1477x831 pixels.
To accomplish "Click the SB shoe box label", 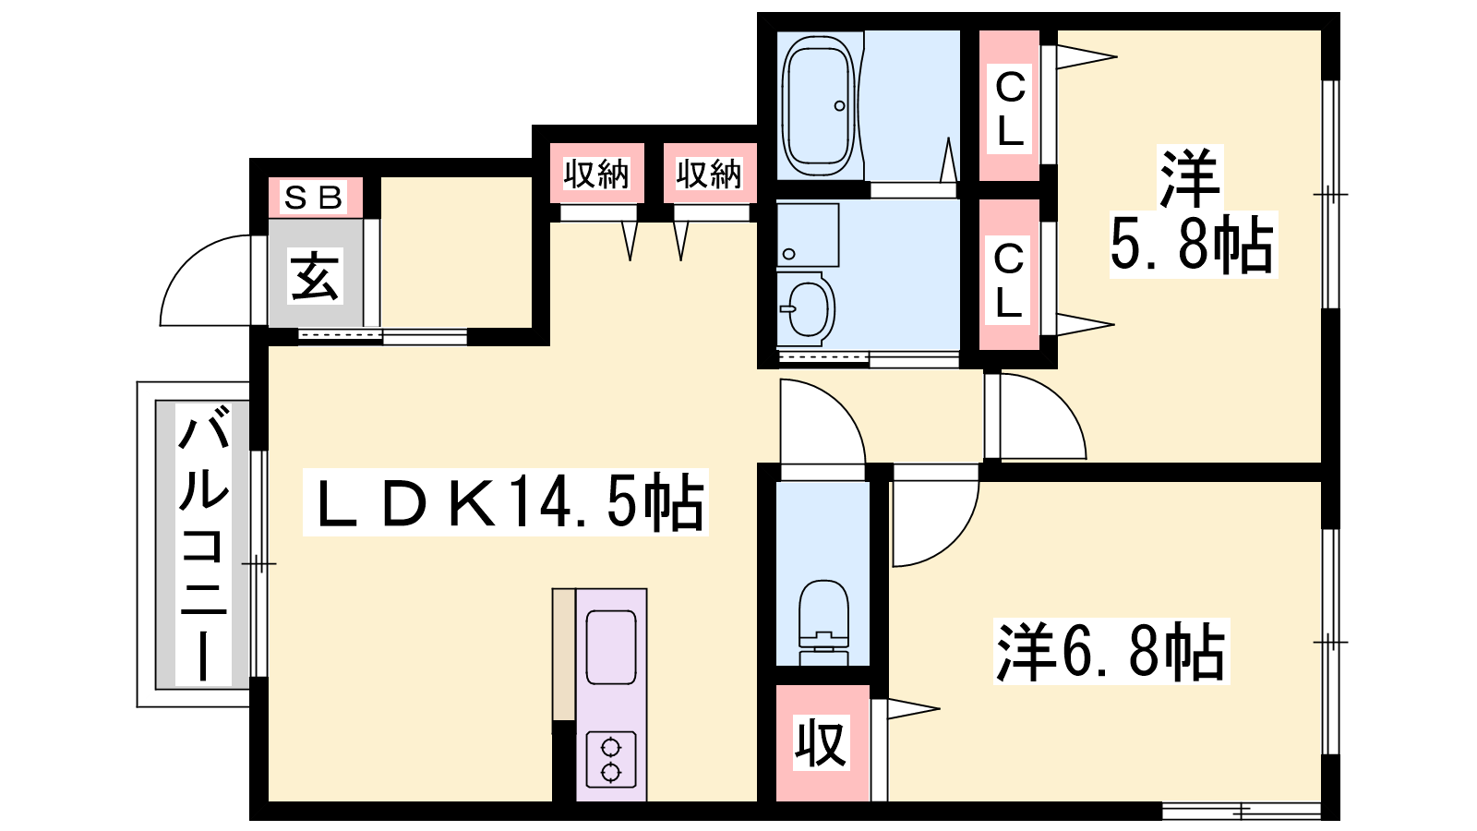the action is (314, 198).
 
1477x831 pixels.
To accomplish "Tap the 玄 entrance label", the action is (315, 276).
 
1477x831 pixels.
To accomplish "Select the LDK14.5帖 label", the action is (506, 502).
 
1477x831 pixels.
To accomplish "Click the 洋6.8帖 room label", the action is (1111, 650).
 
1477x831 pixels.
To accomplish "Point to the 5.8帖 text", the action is (1193, 245).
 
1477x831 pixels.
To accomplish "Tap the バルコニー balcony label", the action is (203, 545).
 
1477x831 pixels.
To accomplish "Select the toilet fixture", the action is (823, 622).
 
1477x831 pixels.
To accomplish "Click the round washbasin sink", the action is (805, 308).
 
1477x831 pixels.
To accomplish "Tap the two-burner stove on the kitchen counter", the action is (611, 759).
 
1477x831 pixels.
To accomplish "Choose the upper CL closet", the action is (1010, 105).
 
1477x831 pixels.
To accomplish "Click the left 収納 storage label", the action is (596, 174).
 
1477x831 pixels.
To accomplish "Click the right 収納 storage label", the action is (710, 174).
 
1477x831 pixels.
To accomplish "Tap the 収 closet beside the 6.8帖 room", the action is (823, 743).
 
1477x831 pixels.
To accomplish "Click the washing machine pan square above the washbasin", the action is (808, 235).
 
